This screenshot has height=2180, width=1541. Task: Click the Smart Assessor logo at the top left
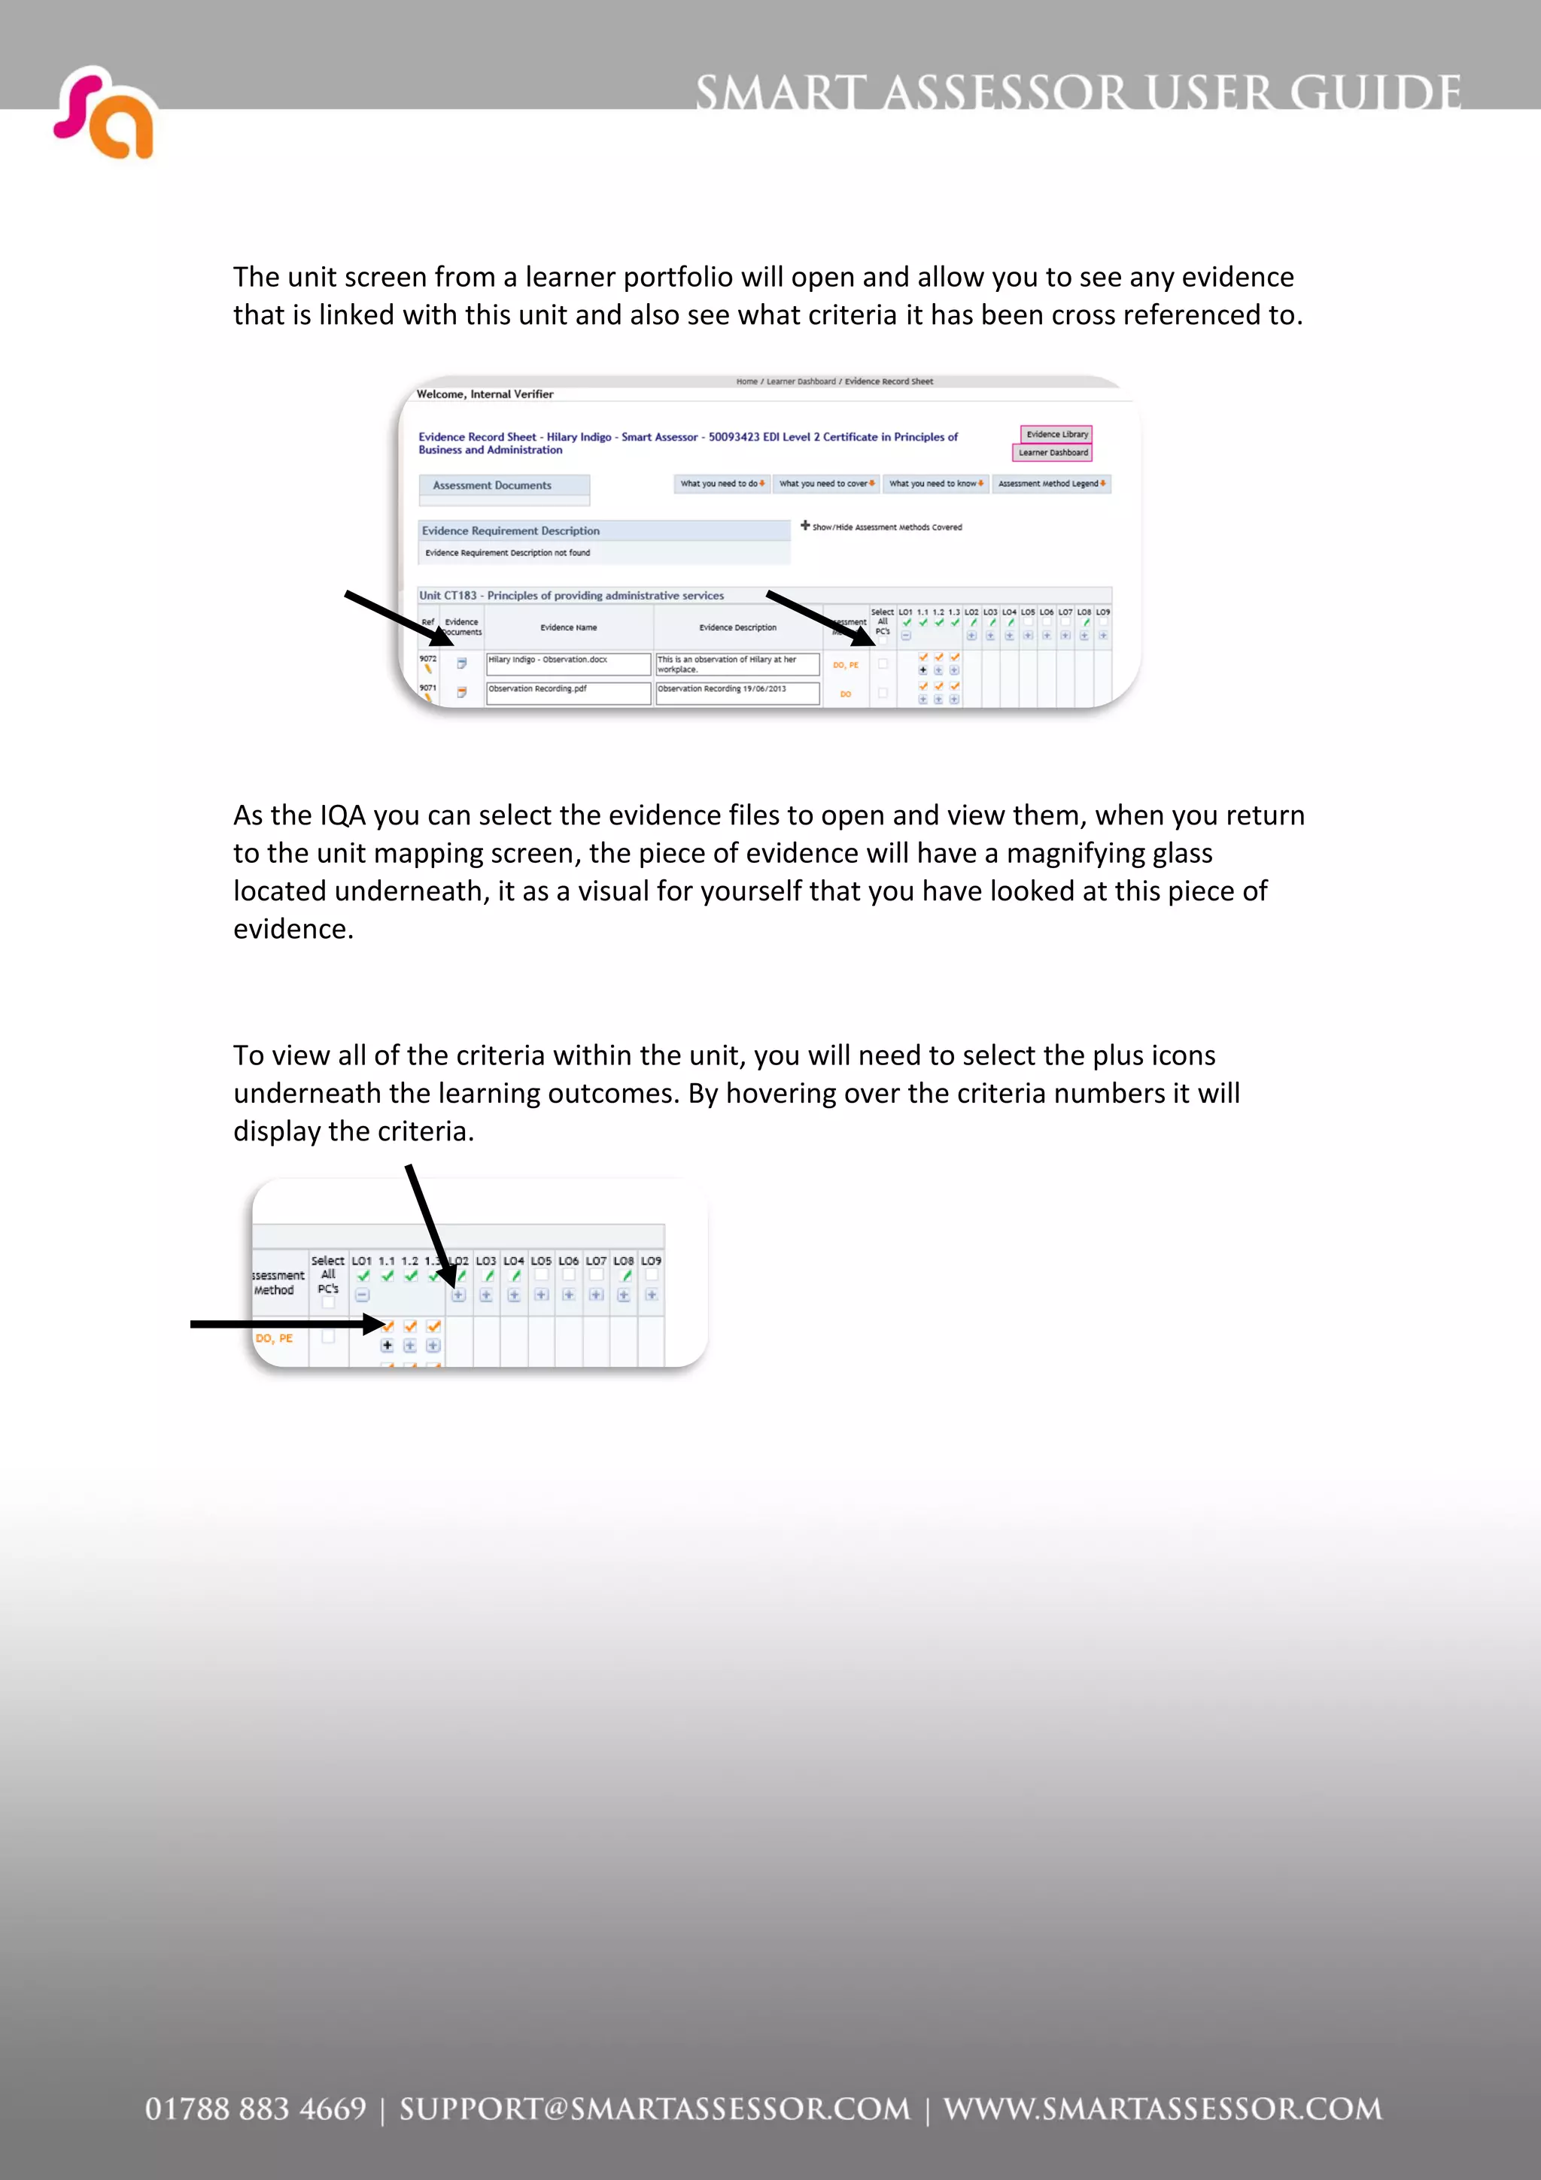[104, 114]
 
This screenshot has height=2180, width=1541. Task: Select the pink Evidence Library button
[1056, 434]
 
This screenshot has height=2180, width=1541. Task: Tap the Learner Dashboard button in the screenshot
[1052, 453]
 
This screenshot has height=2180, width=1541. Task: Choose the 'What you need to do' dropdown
[722, 483]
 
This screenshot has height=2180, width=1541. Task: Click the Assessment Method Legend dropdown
[1051, 483]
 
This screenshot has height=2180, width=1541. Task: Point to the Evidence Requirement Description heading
[511, 531]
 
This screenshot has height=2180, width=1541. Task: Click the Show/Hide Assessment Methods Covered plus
[805, 525]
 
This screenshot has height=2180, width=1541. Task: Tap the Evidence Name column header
[568, 627]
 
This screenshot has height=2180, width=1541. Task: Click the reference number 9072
[428, 658]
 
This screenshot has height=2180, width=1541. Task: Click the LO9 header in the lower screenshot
[652, 1261]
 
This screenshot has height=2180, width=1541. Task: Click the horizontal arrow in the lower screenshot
[285, 1324]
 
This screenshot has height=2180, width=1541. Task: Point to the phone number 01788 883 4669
[254, 2109]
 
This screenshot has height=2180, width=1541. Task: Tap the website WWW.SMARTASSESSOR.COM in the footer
[1163, 2109]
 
